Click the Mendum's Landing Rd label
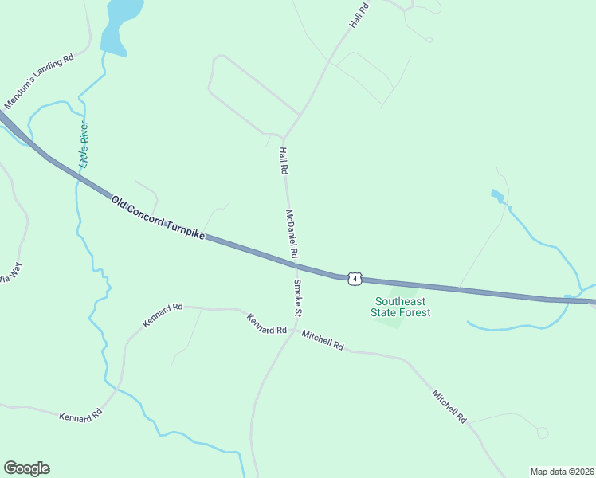38,81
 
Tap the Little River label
82,144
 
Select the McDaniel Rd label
291,233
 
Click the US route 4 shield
355,278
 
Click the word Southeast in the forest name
401,301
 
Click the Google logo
26,468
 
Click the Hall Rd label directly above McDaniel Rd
283,161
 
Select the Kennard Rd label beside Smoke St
266,324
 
